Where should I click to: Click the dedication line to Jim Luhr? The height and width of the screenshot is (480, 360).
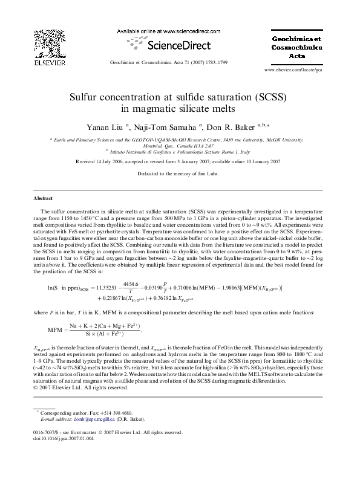tap(180, 174)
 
